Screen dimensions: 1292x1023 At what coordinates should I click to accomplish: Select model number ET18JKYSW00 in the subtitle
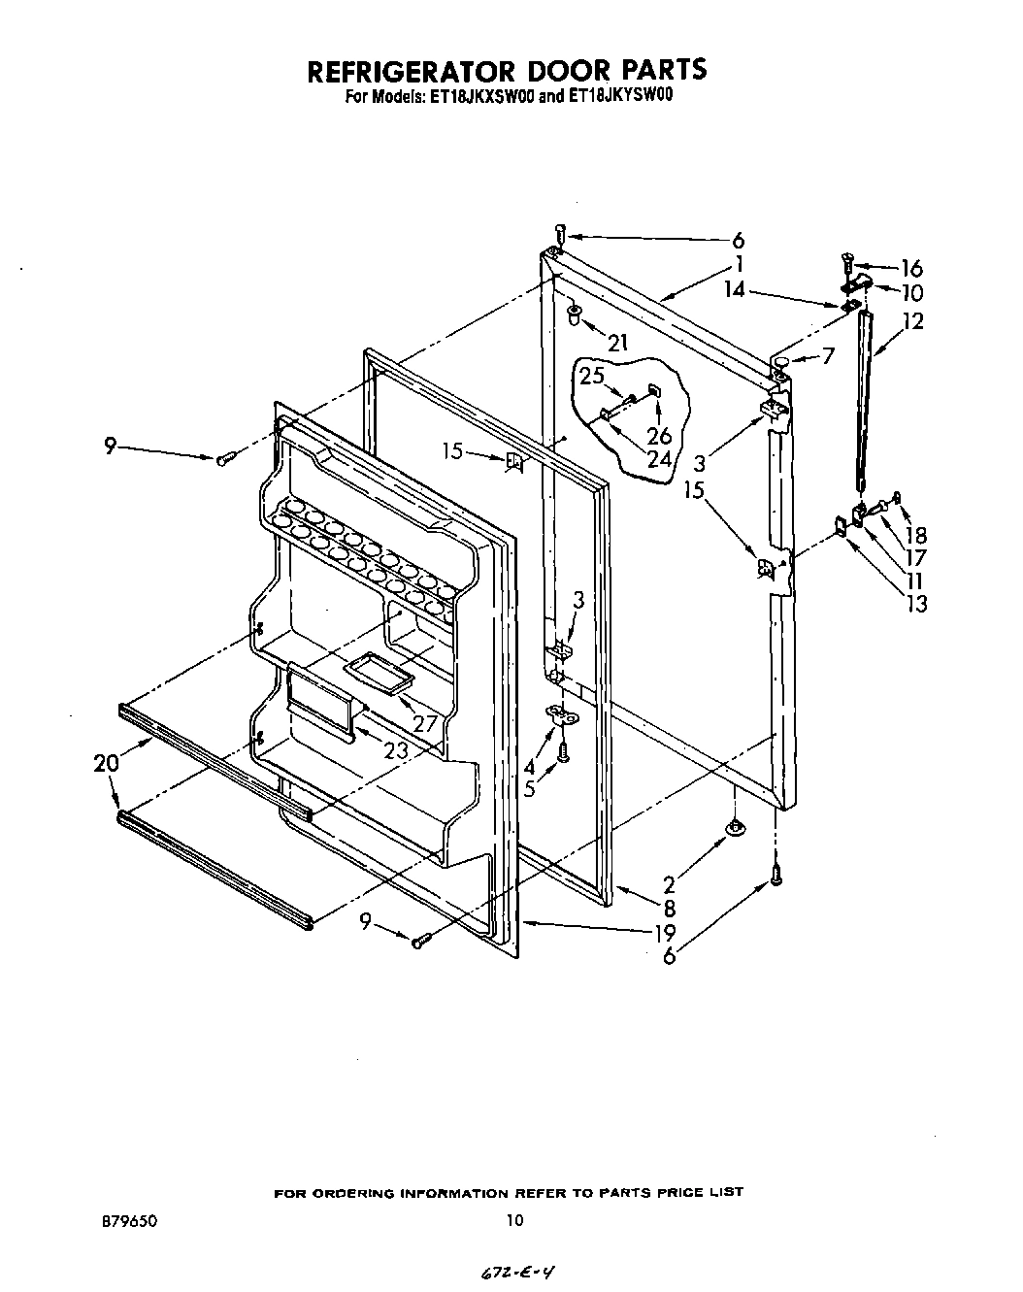coord(623,96)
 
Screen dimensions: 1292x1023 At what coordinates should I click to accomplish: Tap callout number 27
coord(424,723)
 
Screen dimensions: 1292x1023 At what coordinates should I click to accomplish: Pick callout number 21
coord(617,341)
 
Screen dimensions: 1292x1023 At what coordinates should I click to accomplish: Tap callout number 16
coord(911,268)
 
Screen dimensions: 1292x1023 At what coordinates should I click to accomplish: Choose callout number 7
coord(827,356)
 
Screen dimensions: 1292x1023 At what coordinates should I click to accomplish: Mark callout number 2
coord(669,884)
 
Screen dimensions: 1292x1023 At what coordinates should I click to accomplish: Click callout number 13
coord(915,604)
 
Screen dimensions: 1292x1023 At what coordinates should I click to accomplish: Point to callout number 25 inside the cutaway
coord(592,375)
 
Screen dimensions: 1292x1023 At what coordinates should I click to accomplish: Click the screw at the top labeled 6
coord(560,232)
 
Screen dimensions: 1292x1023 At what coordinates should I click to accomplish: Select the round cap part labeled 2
coord(736,827)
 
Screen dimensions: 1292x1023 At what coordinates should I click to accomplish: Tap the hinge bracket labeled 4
coord(561,715)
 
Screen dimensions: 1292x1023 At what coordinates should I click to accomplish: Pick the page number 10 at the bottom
coord(513,1221)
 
